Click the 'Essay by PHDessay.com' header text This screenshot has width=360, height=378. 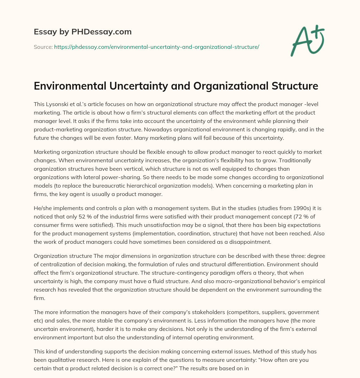tap(83, 32)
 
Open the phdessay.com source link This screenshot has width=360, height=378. tap(156, 47)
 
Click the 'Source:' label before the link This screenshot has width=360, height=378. tap(43, 47)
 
